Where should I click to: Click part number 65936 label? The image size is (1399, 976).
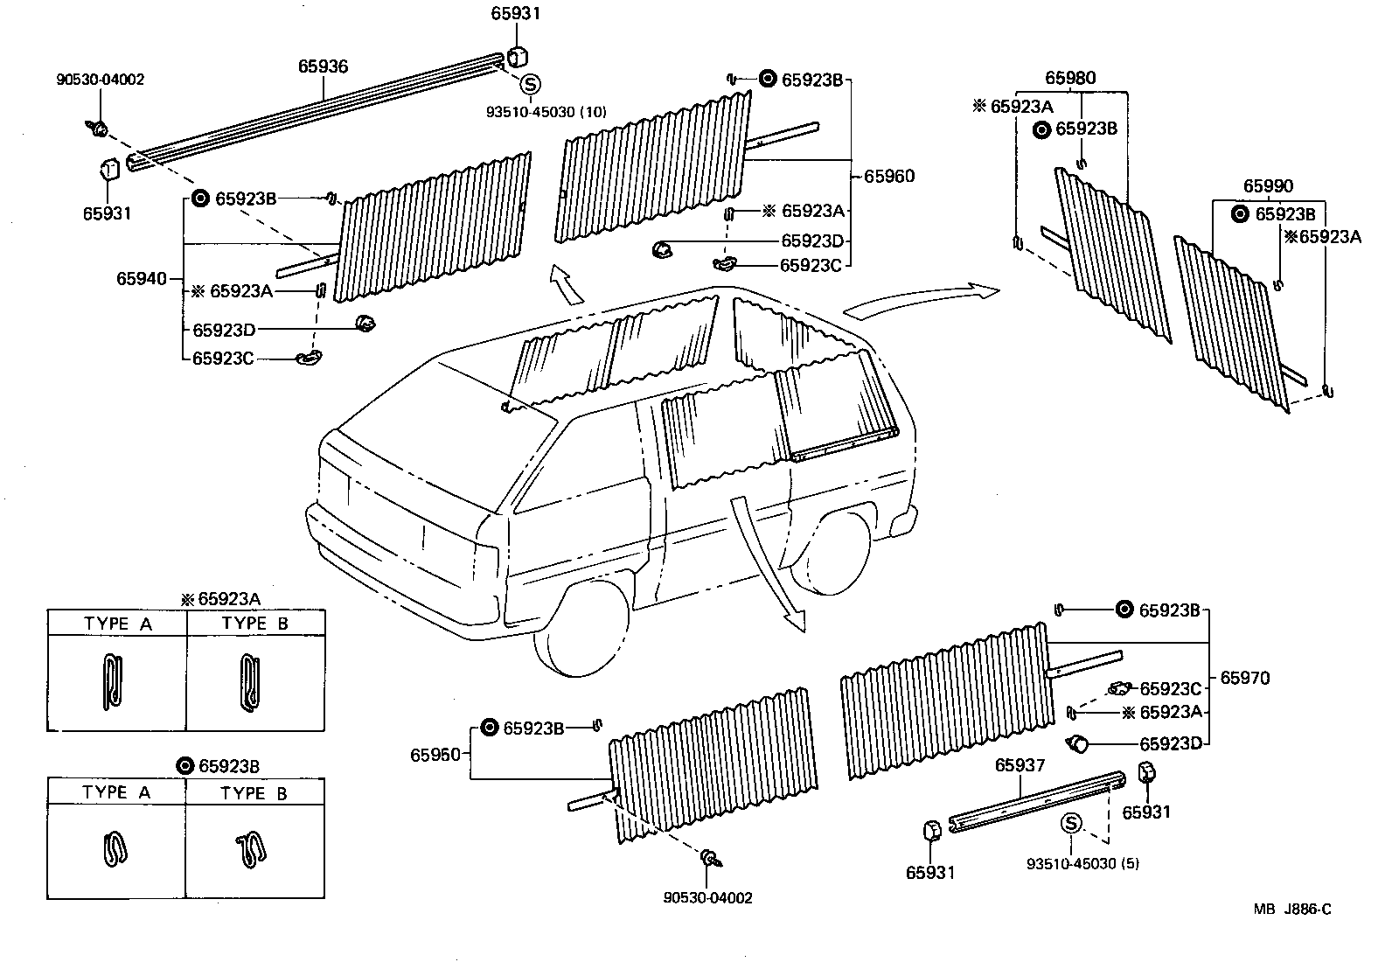click(323, 66)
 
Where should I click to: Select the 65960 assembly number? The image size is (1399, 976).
click(889, 176)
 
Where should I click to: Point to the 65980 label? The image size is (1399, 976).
click(1070, 79)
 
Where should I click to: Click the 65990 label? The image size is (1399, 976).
click(1269, 186)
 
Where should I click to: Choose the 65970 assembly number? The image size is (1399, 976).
click(1245, 677)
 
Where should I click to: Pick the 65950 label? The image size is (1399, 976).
click(435, 754)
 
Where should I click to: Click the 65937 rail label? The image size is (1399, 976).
click(1020, 766)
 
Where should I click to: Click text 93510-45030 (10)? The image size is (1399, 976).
click(546, 111)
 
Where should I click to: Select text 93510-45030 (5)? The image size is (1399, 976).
click(1082, 863)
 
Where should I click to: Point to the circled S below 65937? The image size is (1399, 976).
click(1071, 823)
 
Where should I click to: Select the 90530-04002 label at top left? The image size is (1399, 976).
click(101, 80)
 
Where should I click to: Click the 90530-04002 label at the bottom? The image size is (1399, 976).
click(707, 897)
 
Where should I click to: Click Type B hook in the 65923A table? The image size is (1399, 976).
click(248, 682)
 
